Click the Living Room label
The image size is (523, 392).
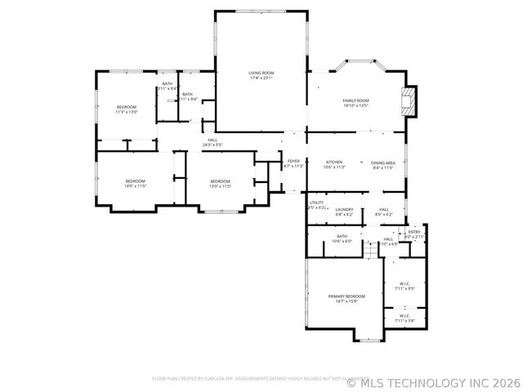261,76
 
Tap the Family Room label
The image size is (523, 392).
355,102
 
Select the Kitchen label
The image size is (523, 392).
334,164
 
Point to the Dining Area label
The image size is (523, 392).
383,164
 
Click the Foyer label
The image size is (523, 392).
293,163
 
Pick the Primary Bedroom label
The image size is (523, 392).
346,298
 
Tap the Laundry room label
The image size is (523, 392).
344,212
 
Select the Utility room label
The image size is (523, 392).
316,205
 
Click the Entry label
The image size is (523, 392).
414,234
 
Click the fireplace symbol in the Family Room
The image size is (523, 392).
408,102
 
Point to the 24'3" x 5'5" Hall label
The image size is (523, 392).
212,142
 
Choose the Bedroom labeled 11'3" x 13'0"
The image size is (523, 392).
126,109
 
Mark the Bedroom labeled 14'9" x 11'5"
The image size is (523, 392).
135,183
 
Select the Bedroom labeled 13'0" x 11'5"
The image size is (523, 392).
220,183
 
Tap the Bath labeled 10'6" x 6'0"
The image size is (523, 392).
342,238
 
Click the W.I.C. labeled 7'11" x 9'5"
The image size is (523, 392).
405,286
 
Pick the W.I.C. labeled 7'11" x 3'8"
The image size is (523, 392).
405,318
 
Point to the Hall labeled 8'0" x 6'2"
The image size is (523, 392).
383,212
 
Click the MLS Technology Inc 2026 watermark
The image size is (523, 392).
433,381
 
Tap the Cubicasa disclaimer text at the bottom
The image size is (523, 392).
249,379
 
